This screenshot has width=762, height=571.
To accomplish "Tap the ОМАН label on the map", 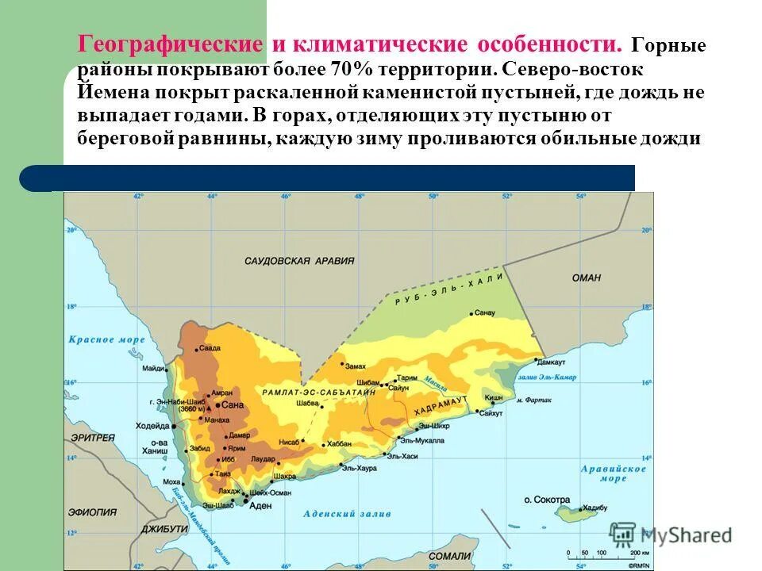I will coord(587,278).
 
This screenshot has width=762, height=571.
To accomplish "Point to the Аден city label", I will coord(260,505).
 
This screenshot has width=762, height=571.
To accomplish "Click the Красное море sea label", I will coord(106,339).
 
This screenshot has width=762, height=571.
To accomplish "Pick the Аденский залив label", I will coord(347,513).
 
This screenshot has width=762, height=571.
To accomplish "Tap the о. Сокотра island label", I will coord(547,500).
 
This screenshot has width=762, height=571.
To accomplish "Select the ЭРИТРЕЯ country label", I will coord(94,437).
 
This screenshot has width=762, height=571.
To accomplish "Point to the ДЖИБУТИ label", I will coord(164,528).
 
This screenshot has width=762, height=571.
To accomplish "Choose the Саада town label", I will coord(210,348).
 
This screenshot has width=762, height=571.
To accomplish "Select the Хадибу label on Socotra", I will coord(595,508).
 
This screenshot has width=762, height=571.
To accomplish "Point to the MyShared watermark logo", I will coord(671,535).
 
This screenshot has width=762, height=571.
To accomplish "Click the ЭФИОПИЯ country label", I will coord(92,512).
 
